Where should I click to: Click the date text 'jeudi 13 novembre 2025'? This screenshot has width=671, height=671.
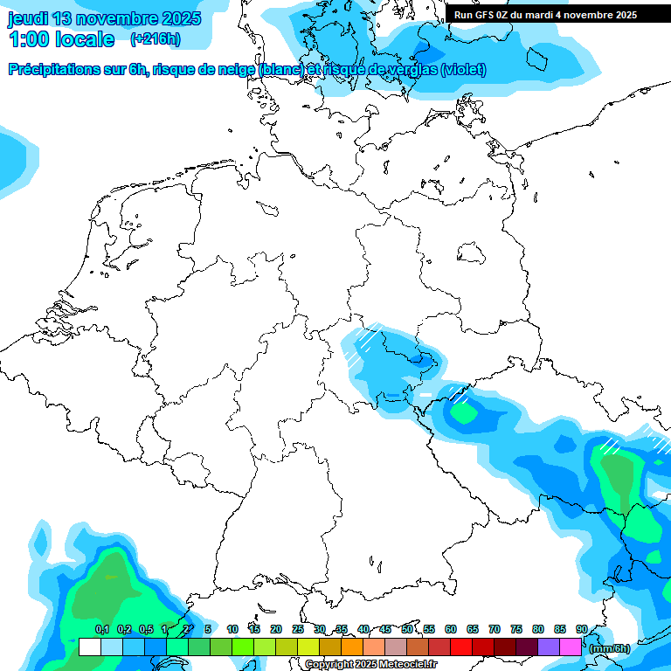pos(105,18)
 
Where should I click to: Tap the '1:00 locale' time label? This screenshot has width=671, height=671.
pos(62,39)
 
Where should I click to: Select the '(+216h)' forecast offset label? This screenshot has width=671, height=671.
pos(156,39)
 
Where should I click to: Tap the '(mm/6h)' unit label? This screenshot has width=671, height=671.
pos(610,647)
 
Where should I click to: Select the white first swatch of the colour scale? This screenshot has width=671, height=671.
pos(89,647)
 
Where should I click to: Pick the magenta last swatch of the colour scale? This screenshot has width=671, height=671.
pos(570,647)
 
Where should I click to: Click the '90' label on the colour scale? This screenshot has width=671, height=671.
pos(582,629)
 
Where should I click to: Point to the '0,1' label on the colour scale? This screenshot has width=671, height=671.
pos(102,629)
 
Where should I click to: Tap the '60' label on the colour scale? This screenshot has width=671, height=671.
pos(451,629)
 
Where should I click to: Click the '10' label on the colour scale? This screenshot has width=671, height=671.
pos(232,629)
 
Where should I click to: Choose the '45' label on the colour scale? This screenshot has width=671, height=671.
pos(385,629)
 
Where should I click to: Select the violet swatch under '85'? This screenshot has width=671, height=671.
pos(548,647)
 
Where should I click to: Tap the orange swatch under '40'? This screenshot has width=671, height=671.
pos(351,647)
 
